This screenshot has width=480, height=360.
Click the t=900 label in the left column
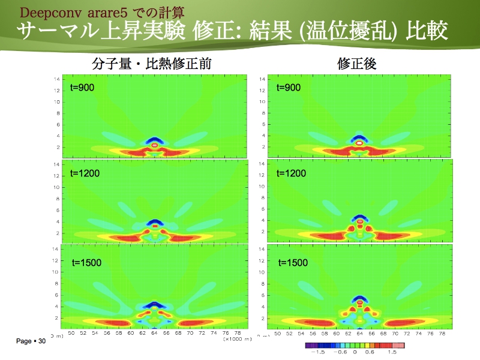pos(82,88)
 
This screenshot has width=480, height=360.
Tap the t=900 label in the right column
pos(288,88)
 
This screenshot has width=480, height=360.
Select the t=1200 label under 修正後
pos(291,174)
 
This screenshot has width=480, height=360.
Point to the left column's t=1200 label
pos(85,174)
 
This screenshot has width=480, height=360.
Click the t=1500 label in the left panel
pos(85,262)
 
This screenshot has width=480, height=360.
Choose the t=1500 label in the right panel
pos(291,263)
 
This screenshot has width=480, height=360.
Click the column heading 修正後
pos(356,64)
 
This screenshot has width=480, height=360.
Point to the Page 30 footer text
pos(31,341)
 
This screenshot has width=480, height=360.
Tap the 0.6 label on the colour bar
pos(369,353)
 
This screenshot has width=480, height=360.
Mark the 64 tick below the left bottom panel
pos(154,333)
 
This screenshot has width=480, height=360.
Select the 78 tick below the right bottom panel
pos(442,333)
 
